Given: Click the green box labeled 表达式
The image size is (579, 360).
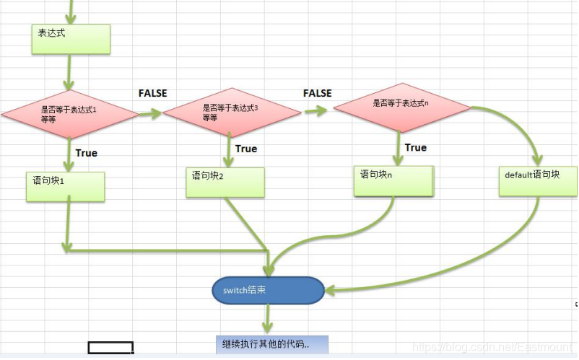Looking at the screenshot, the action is coord(71,39).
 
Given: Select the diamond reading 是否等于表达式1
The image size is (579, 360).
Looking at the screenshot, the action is coord(70,114).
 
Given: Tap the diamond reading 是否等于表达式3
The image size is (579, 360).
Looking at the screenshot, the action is coord(232,112).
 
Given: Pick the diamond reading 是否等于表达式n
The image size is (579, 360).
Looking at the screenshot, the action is coord(403,107).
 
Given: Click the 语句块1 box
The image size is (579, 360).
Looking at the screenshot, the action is coord(66,187).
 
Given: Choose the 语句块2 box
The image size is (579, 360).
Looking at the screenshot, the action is coord(225,183).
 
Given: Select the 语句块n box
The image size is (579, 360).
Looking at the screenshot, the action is coord(393,181).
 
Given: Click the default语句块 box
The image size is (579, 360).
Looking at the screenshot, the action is coord(538,181).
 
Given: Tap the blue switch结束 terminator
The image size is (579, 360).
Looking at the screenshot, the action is coord(268,290).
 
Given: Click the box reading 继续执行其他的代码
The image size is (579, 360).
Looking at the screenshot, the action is coord(272,345).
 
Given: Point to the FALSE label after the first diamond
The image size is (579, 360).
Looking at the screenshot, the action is coord(153,93).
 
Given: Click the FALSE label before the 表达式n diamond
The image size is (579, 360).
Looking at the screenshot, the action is coord(318,93).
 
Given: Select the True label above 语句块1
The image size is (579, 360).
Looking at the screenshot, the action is coord(87,153).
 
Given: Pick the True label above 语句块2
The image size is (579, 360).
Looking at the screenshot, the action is coord(246,149).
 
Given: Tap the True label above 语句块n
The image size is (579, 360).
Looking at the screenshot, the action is coord(416,148).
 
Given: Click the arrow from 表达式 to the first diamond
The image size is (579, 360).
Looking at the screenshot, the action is coord(69,72).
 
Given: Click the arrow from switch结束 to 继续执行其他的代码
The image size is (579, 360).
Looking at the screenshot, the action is coord(267,319).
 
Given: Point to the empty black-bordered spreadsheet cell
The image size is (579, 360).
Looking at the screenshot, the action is coord(110,348).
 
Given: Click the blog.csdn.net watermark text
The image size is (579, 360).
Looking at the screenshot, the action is coord(492,347).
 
